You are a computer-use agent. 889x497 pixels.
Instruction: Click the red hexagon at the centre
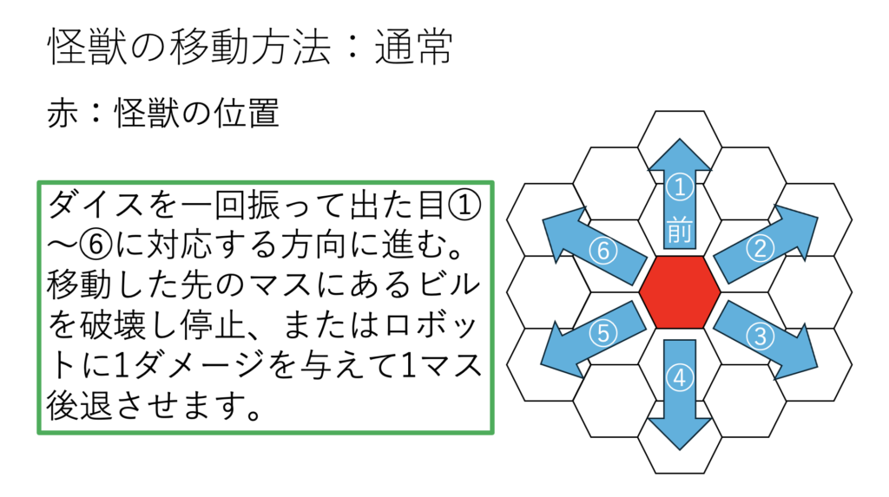[x=679, y=291]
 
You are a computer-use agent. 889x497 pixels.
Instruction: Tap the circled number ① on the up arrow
[x=679, y=187]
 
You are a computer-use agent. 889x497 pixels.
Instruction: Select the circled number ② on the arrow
[x=760, y=248]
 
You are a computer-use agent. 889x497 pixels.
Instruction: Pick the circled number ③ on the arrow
[x=760, y=336]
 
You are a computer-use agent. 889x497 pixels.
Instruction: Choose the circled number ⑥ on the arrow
[x=603, y=251]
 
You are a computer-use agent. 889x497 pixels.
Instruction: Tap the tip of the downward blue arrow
[x=679, y=449]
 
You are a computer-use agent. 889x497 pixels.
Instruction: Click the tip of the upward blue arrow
[x=679, y=139]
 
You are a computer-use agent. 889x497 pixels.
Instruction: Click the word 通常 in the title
[x=413, y=47]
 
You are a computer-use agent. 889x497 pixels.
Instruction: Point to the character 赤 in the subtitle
[x=62, y=113]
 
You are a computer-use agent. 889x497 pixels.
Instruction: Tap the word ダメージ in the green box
[x=201, y=365]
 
